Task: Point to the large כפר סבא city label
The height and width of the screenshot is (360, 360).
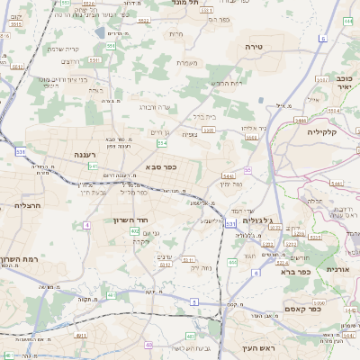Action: pos(160,166)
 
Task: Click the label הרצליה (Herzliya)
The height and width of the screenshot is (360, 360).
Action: pos(23,205)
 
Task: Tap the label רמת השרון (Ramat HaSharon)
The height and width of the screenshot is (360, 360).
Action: pos(22,259)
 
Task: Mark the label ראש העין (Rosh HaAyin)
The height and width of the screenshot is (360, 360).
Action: pos(257,346)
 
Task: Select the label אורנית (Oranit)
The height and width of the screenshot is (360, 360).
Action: pos(337,269)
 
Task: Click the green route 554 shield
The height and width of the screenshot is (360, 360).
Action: pos(161,142)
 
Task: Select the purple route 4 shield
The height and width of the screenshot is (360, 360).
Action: pos(87,224)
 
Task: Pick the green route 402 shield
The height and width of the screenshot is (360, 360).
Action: pos(134,231)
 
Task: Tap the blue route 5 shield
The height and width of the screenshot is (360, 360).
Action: pos(193,301)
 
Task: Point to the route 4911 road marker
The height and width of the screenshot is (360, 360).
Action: pos(82,335)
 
